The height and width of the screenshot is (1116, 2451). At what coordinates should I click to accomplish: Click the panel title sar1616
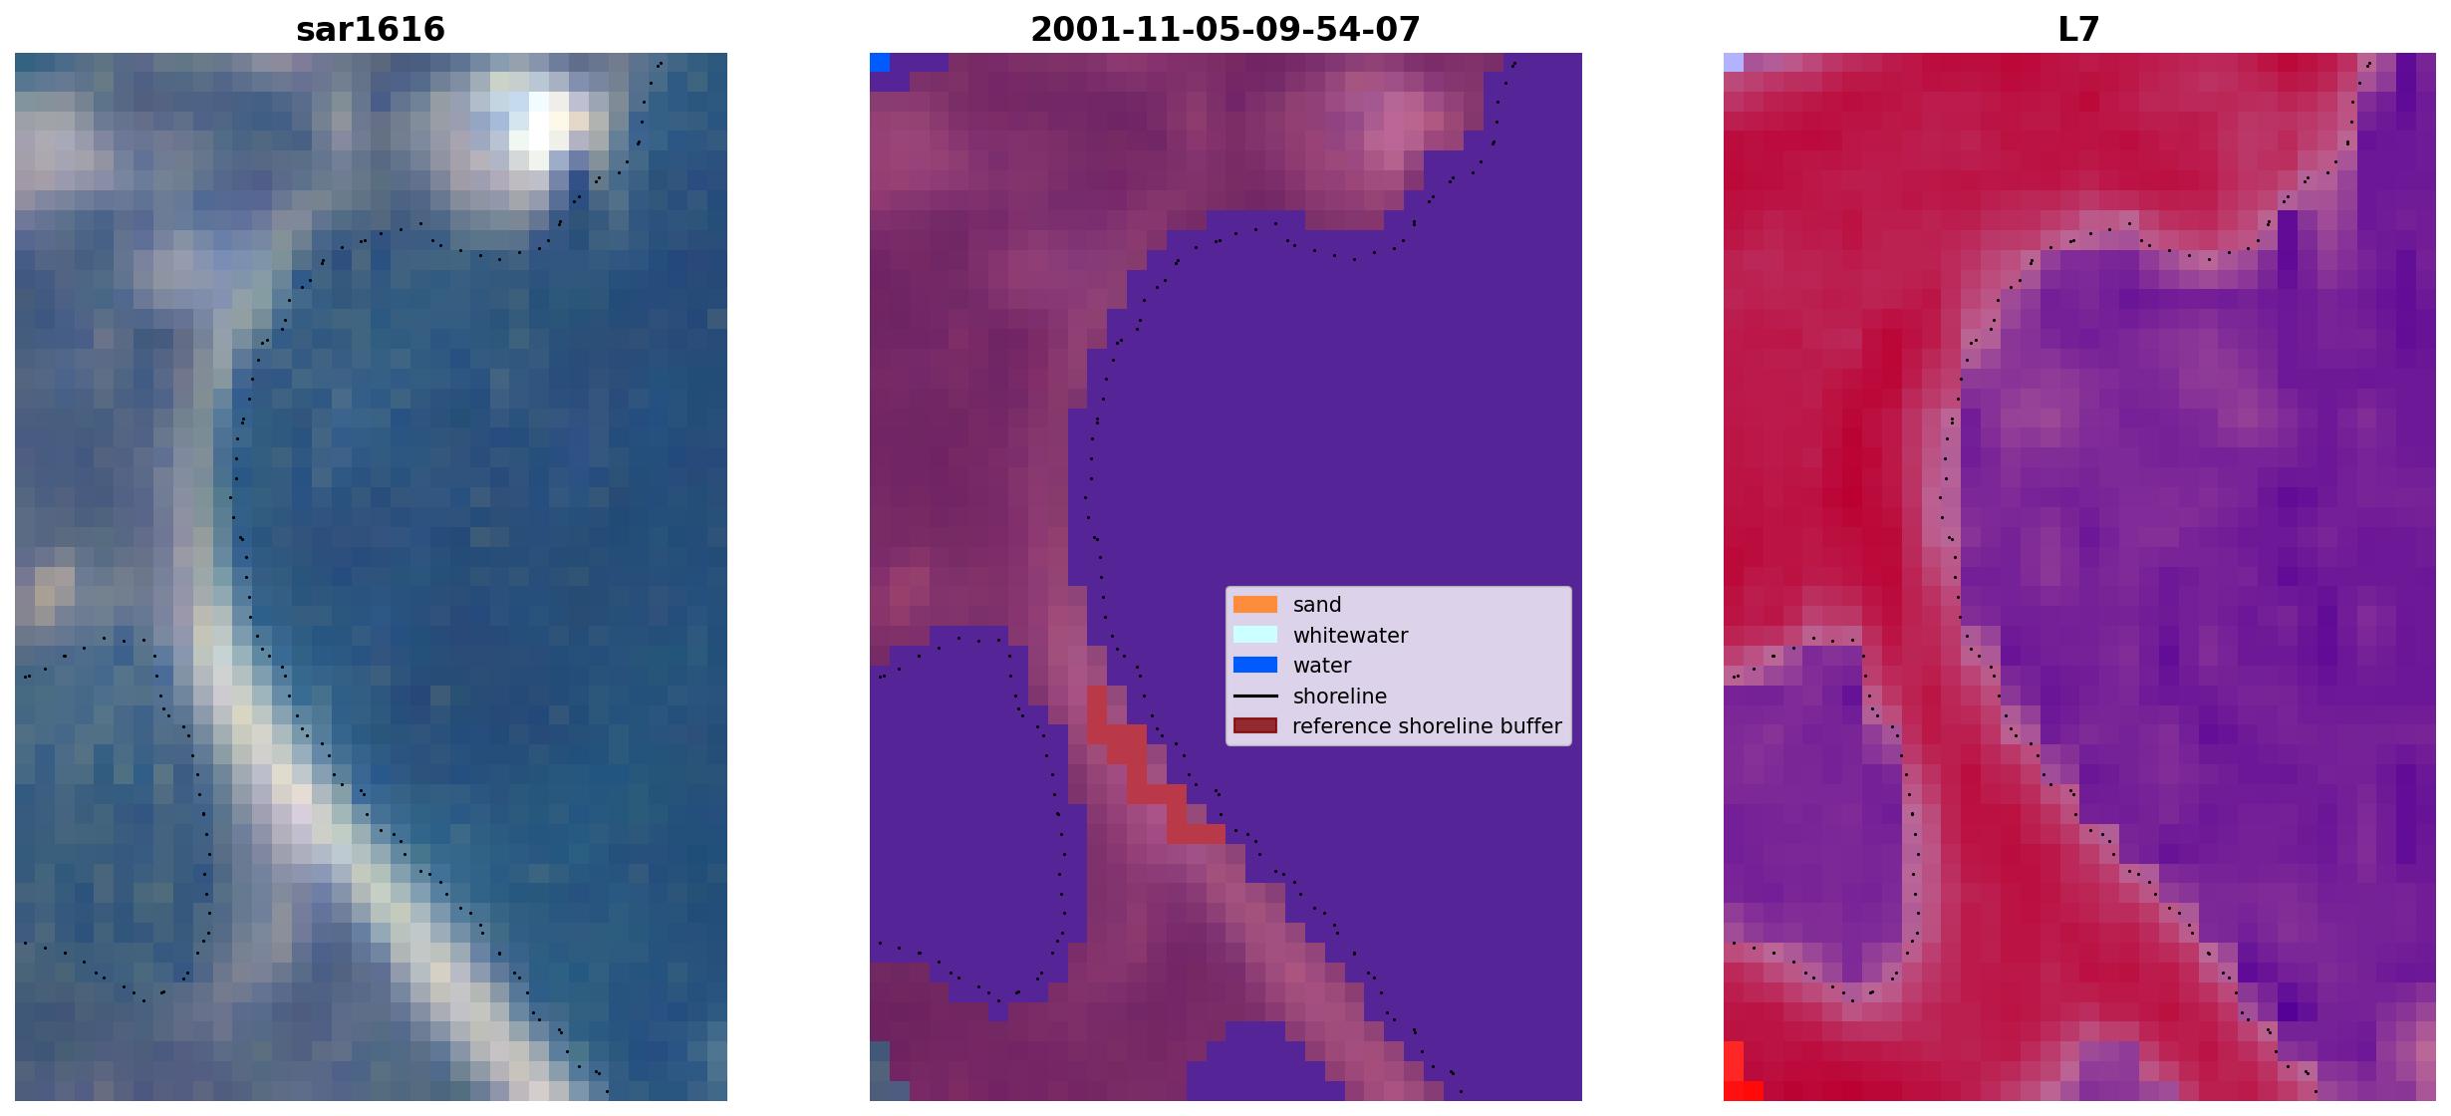pyautogui.click(x=371, y=30)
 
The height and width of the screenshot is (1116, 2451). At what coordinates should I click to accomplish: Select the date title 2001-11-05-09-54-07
pyautogui.click(x=1225, y=30)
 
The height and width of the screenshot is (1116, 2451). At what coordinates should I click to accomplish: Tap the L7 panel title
pyautogui.click(x=2079, y=30)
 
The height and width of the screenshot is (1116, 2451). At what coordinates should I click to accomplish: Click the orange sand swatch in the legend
pyautogui.click(x=1255, y=605)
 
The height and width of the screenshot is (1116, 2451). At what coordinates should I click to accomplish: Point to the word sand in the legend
pyautogui.click(x=1317, y=605)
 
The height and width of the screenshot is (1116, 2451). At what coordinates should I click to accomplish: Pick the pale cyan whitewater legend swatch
pyautogui.click(x=1255, y=635)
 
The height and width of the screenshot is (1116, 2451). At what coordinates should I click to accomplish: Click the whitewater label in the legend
pyautogui.click(x=1350, y=636)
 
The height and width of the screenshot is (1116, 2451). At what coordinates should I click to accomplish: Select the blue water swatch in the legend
pyautogui.click(x=1255, y=666)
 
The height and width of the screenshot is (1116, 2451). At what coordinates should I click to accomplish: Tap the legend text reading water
pyautogui.click(x=1322, y=666)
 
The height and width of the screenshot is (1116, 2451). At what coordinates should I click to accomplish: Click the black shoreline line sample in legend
pyautogui.click(x=1255, y=696)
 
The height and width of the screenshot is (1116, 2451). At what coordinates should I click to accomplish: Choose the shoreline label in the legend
pyautogui.click(x=1340, y=697)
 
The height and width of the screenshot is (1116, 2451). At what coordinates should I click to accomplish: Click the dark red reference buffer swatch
pyautogui.click(x=1255, y=726)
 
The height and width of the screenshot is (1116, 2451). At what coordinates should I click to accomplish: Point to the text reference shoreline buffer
pyautogui.click(x=1427, y=726)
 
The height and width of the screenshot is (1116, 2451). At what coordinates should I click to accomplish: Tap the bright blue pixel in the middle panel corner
pyautogui.click(x=880, y=63)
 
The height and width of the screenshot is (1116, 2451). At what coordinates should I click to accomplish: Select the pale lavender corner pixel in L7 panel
pyautogui.click(x=1734, y=63)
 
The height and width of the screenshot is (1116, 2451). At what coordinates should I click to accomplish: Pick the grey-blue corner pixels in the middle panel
pyautogui.click(x=880, y=1071)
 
